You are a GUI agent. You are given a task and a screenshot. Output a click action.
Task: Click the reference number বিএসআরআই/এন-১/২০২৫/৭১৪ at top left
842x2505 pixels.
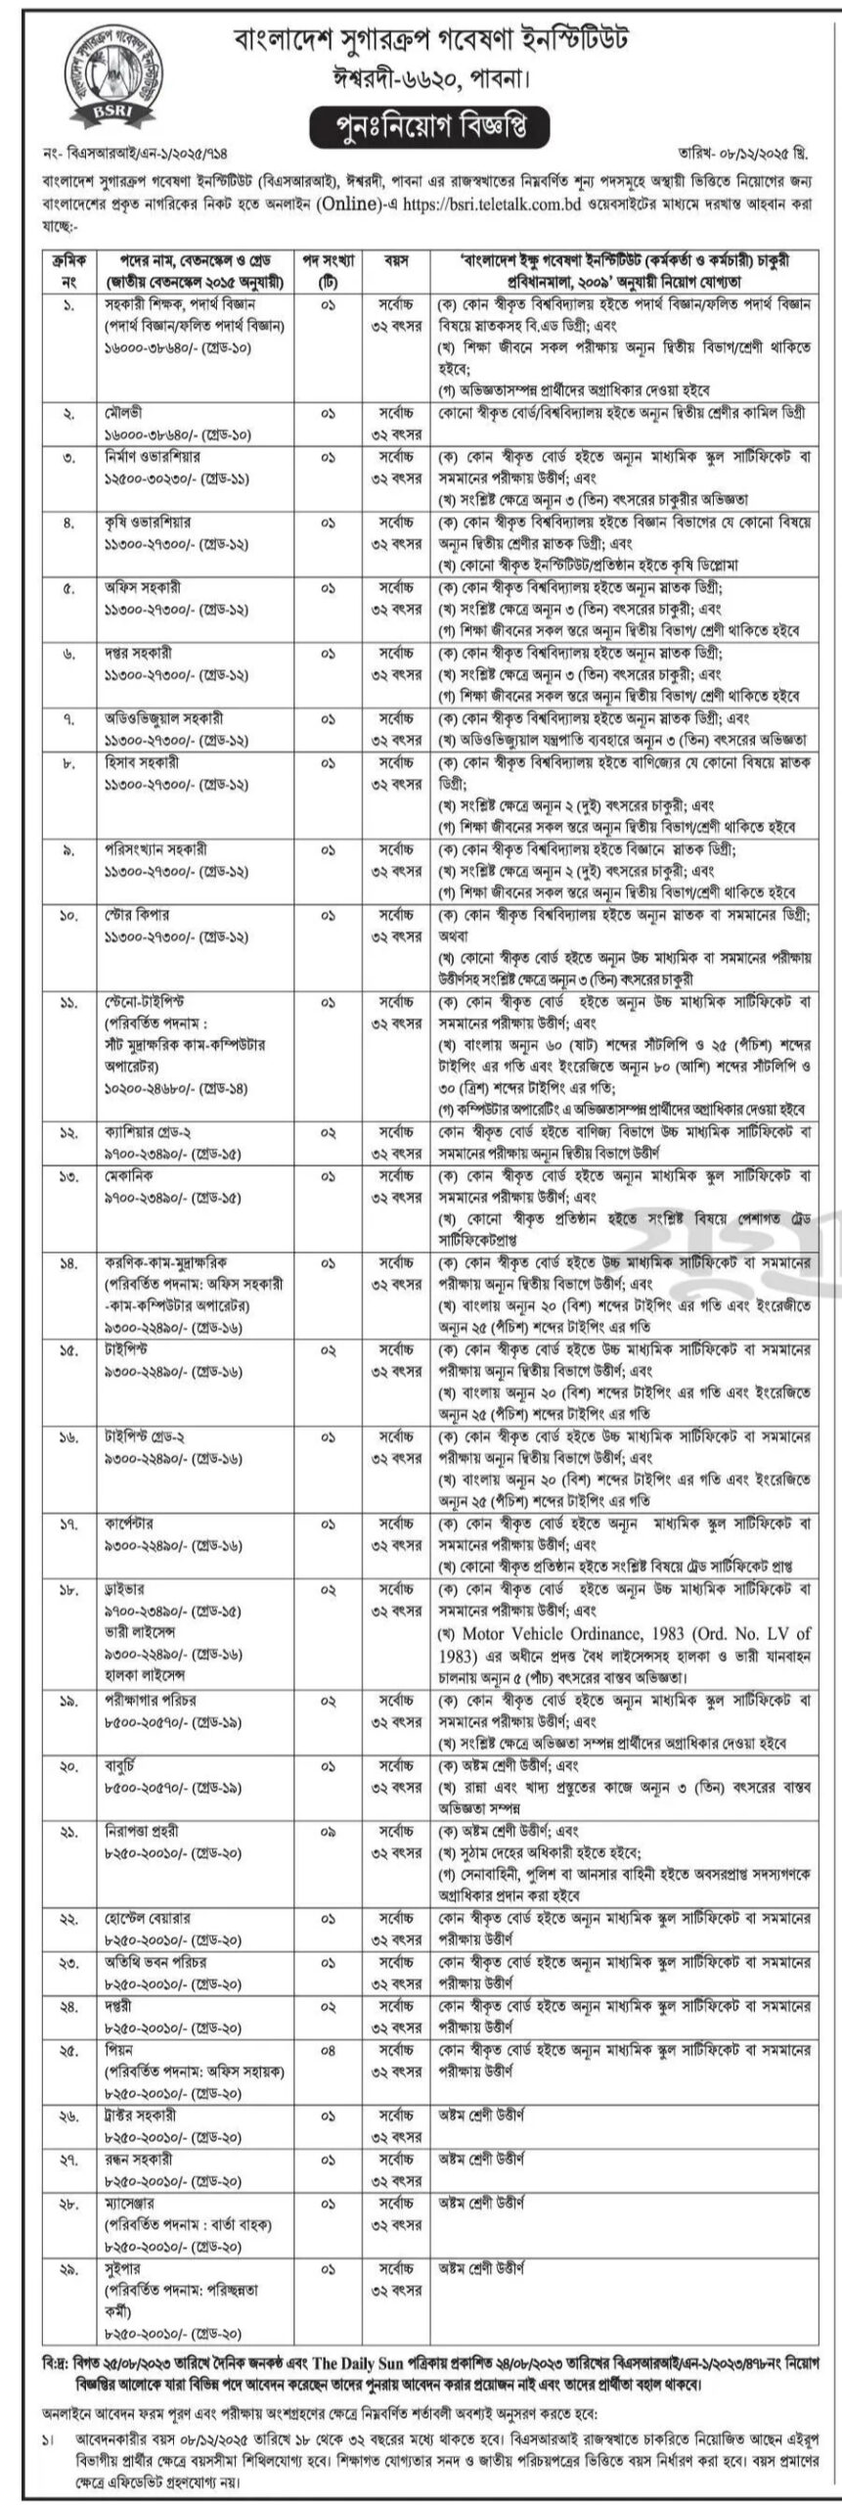[118, 155]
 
